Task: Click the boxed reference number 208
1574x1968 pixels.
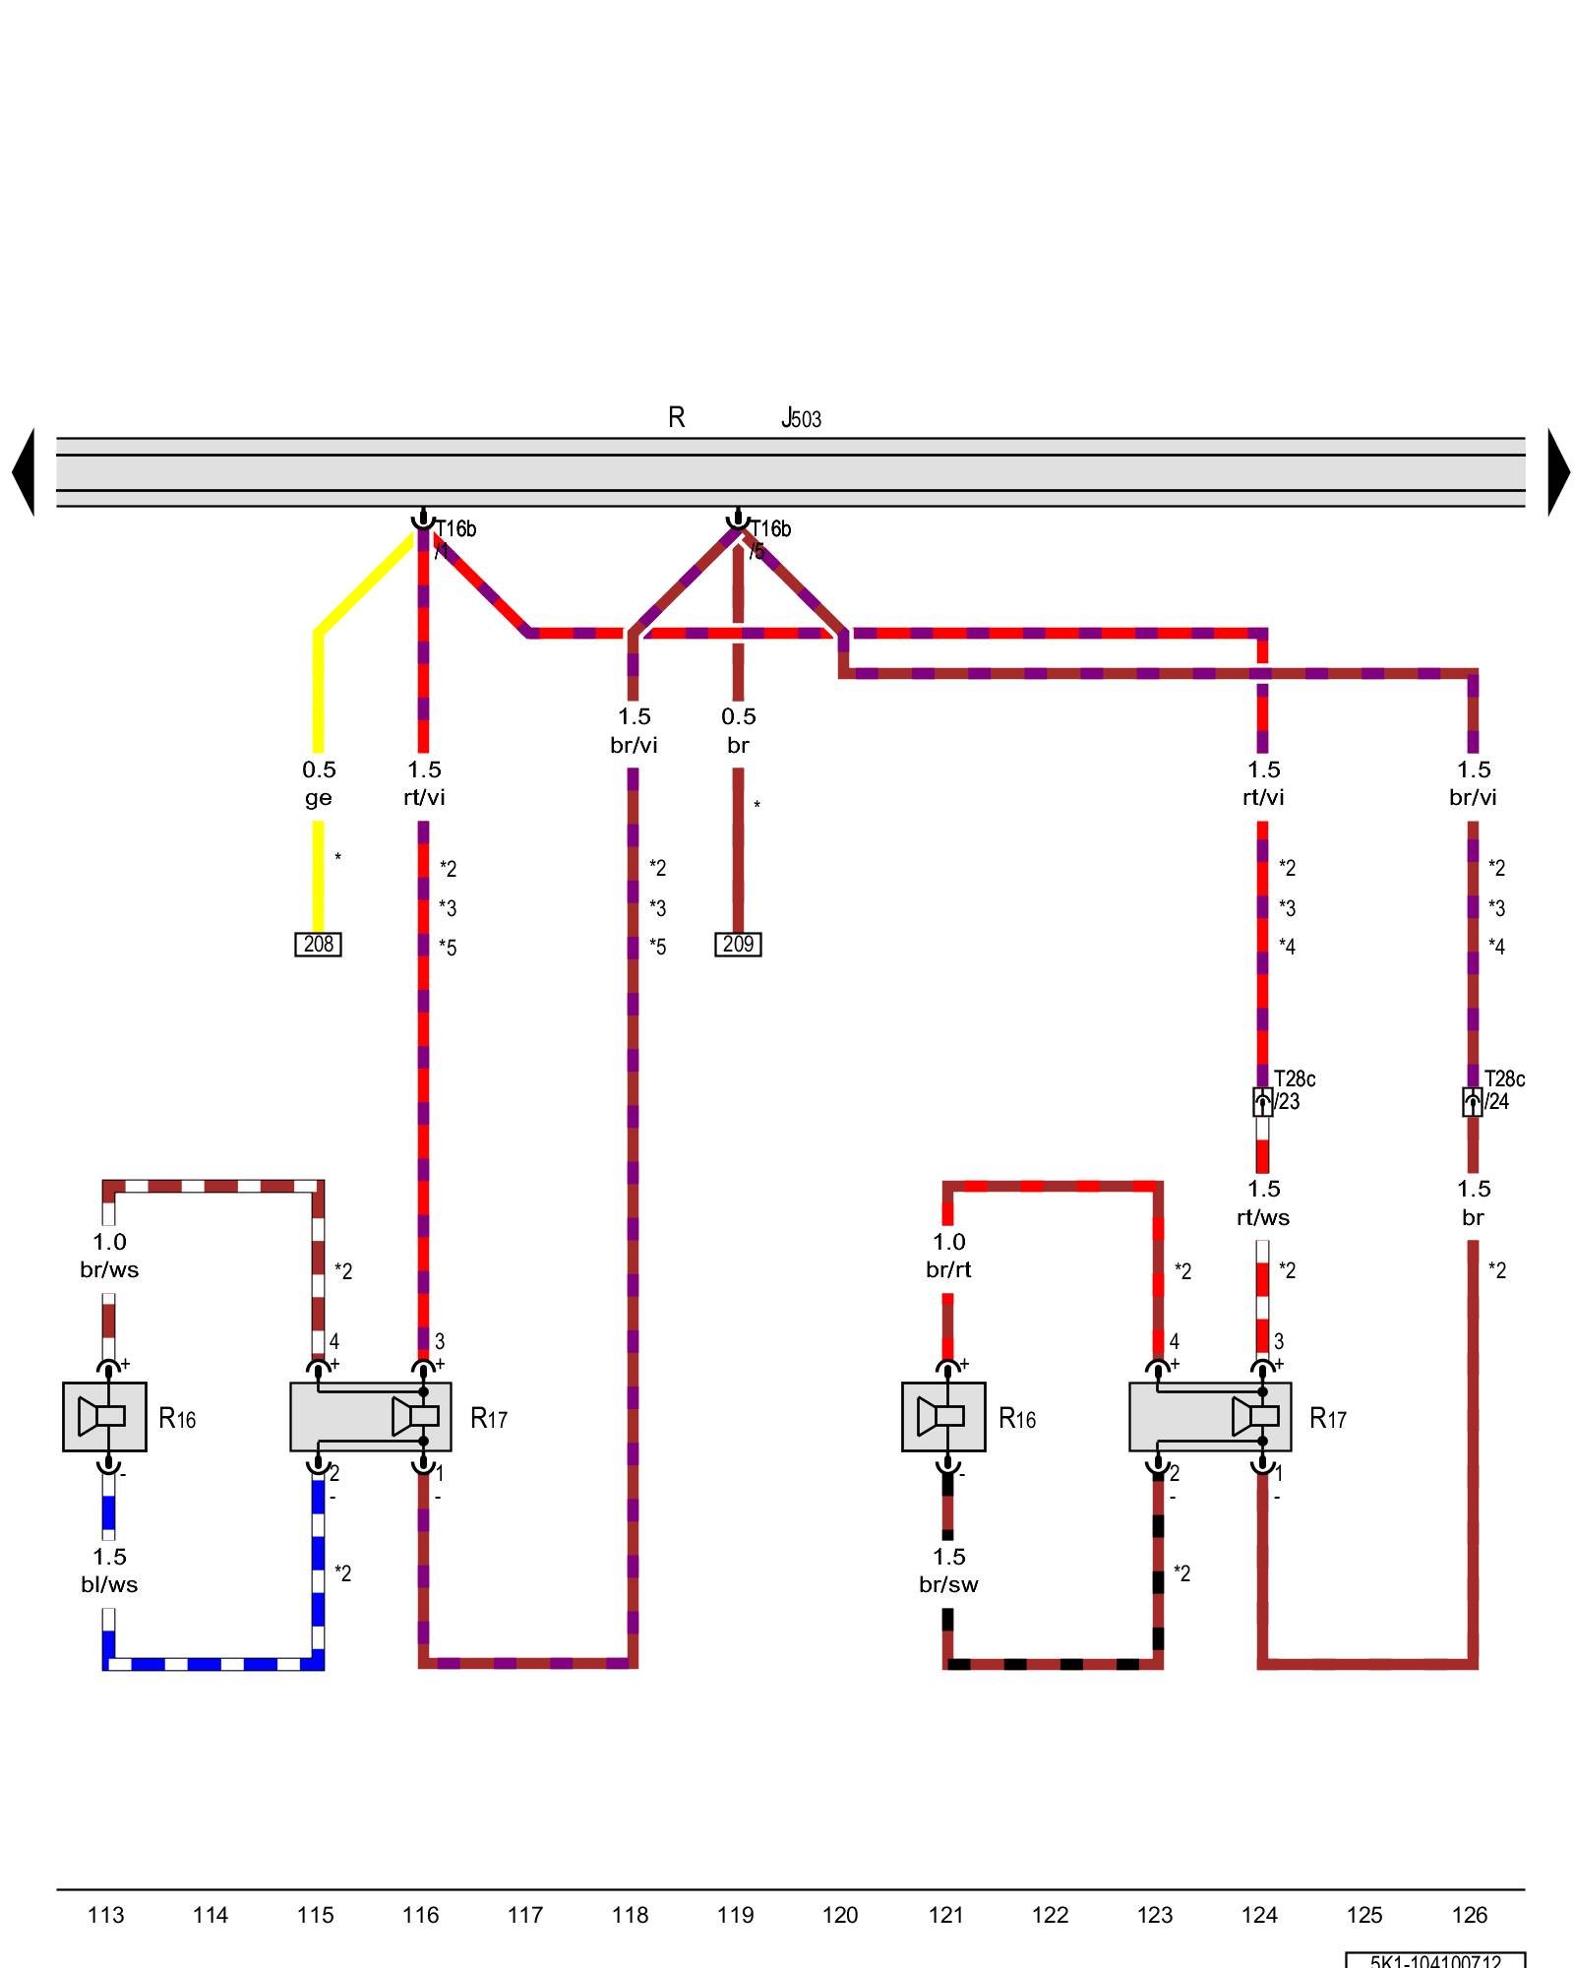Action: point(318,945)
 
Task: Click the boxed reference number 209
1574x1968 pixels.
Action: point(738,945)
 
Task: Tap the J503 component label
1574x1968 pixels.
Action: point(801,419)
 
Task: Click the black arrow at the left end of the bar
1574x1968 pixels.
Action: point(24,472)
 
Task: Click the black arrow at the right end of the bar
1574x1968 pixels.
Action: point(1558,472)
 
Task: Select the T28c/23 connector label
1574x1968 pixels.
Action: point(1294,1090)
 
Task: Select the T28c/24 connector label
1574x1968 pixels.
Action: point(1503,1090)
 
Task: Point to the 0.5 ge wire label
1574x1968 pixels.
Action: point(318,783)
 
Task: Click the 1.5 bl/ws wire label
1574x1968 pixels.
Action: point(109,1570)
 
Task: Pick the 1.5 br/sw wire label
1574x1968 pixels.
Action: point(948,1570)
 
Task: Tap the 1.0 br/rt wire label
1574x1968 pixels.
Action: point(948,1256)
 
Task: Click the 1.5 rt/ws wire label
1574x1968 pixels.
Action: point(1263,1202)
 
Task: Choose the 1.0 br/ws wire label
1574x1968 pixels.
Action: point(109,1256)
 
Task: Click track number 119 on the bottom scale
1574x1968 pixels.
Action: point(735,1915)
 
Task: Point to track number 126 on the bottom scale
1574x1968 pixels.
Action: point(1470,1915)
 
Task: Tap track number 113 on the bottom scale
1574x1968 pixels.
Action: point(105,1915)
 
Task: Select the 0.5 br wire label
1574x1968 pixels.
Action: point(738,730)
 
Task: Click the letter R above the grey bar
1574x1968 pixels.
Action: point(676,418)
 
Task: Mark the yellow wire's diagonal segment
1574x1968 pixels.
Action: point(364,584)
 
